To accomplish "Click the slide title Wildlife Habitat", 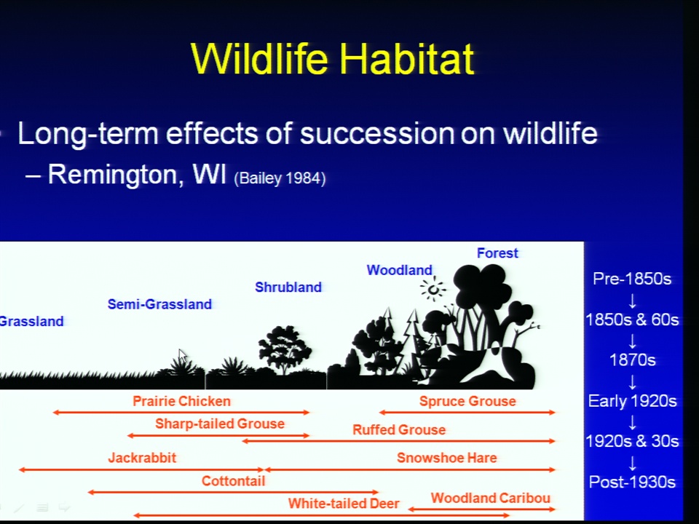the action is [x=333, y=58].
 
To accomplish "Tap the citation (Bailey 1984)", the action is [x=280, y=178].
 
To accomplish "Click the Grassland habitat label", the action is [x=31, y=321].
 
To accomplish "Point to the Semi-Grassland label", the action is [x=159, y=304].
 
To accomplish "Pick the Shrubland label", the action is [x=288, y=287].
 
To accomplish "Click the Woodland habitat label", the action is [x=400, y=270].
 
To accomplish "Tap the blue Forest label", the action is [x=497, y=253].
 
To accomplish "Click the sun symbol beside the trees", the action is [x=433, y=289].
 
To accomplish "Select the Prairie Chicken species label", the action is [x=181, y=401].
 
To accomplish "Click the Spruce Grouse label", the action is [x=467, y=401].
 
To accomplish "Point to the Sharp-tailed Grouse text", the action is [x=220, y=424].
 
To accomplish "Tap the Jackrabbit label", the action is [x=142, y=458].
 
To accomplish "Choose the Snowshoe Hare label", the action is [x=446, y=458].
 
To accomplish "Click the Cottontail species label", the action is [x=233, y=481].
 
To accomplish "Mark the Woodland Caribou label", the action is [x=490, y=498].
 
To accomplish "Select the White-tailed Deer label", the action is [x=344, y=504].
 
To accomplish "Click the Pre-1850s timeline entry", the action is [x=632, y=279].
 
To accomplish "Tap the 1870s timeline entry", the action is [x=632, y=360].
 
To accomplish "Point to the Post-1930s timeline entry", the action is [x=632, y=482].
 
